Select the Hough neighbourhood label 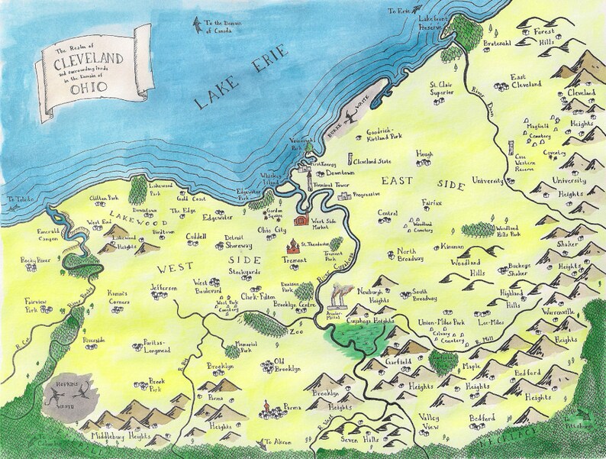click(424, 154)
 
